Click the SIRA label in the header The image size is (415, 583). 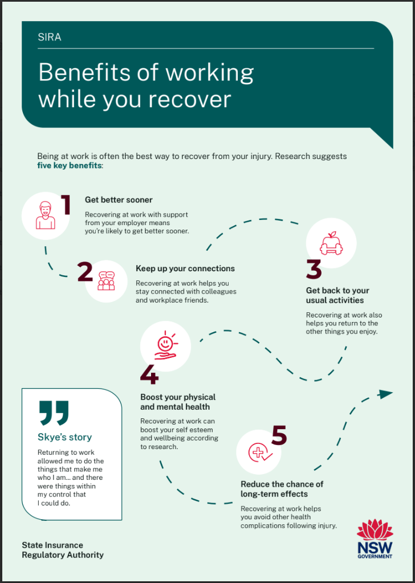tap(50, 38)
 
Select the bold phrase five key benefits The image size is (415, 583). tap(69, 165)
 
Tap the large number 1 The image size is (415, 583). tap(66, 205)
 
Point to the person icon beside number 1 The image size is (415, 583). tap(46, 215)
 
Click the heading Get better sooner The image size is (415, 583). tap(119, 199)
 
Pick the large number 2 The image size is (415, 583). tap(86, 272)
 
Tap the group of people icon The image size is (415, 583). tap(106, 281)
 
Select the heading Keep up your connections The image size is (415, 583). tap(185, 268)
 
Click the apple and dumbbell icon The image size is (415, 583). tap(331, 243)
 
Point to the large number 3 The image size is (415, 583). tap(314, 270)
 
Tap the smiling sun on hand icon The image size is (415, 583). tap(165, 346)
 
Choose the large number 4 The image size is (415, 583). tap(149, 375)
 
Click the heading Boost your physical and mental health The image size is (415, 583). tap(178, 402)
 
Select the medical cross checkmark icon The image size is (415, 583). tap(260, 452)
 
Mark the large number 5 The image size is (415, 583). tap(279, 435)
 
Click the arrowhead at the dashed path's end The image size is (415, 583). tap(385, 394)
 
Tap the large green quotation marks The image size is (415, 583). tap(54, 413)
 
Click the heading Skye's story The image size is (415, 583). tap(65, 437)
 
